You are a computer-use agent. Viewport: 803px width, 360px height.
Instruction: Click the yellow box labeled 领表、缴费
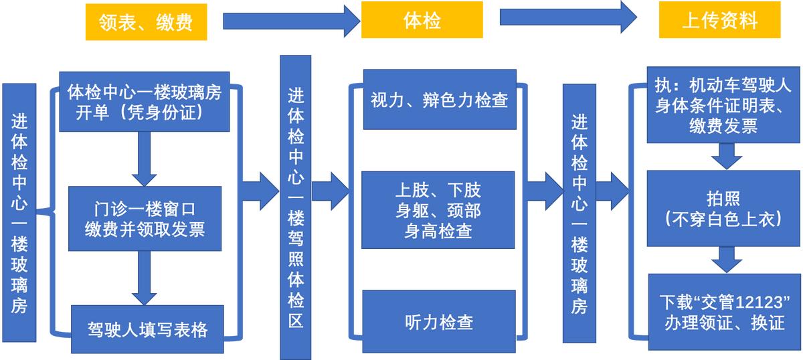145,23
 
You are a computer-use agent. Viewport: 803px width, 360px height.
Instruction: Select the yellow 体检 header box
422,20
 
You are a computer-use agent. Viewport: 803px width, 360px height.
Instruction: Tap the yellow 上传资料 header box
719,20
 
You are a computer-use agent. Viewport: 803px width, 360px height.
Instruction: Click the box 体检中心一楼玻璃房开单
144,102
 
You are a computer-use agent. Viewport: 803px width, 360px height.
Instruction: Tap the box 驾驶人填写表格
147,329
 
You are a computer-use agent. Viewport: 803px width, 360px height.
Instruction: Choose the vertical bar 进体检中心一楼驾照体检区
295,207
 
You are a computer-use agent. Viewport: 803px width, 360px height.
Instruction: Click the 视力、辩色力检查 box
439,100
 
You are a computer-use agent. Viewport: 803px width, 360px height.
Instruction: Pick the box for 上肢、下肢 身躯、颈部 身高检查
438,209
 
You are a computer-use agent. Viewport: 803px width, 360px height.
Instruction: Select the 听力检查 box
438,322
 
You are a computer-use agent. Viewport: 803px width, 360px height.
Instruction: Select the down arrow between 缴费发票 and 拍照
726,157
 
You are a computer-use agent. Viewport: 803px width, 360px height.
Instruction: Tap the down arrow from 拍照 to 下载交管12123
726,260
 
